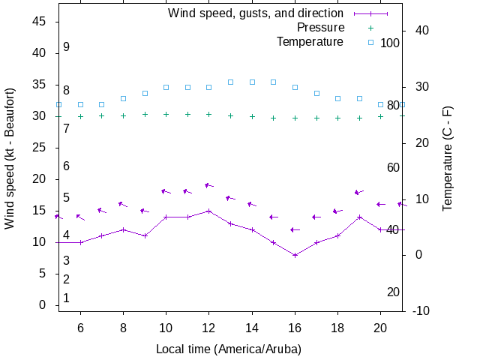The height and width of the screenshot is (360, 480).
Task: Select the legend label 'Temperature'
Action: [x=310, y=41]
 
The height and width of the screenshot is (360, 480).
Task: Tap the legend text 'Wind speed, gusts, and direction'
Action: [x=256, y=13]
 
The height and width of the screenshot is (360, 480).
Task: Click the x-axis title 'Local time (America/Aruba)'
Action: [x=228, y=349]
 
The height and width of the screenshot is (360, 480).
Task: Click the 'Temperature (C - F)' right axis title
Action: [x=448, y=157]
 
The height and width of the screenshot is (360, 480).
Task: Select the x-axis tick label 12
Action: [x=209, y=328]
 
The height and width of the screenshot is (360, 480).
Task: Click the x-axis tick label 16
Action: [x=295, y=328]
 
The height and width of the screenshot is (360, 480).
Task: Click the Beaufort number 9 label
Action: [x=66, y=47]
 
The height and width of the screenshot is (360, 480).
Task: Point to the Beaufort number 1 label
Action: [x=66, y=298]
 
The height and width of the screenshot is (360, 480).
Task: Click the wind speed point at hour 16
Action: [x=295, y=255]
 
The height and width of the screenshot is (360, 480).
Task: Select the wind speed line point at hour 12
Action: [x=209, y=211]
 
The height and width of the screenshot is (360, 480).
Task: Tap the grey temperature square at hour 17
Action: [x=316, y=93]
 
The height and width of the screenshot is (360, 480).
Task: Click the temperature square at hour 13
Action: [x=230, y=82]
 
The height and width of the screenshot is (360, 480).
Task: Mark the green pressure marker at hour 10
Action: [x=166, y=115]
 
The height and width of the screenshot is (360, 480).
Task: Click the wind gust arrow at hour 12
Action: [x=209, y=185]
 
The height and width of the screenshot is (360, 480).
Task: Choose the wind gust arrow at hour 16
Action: [x=295, y=229]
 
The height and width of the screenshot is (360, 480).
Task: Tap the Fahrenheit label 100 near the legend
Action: [x=390, y=43]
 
